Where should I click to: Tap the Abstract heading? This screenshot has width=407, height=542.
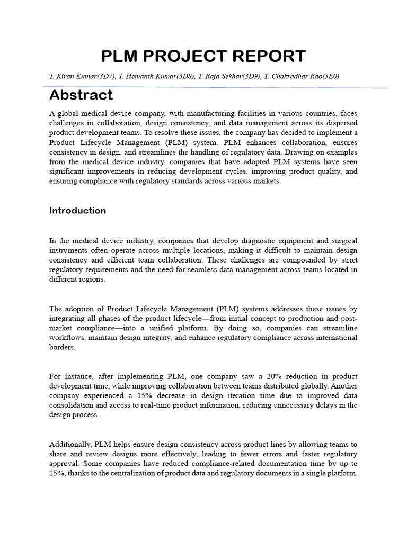point(81,95)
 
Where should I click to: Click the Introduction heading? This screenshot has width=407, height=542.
point(77,210)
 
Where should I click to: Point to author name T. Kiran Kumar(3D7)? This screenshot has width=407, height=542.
point(82,77)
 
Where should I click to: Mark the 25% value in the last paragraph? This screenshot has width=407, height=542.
point(56,473)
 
